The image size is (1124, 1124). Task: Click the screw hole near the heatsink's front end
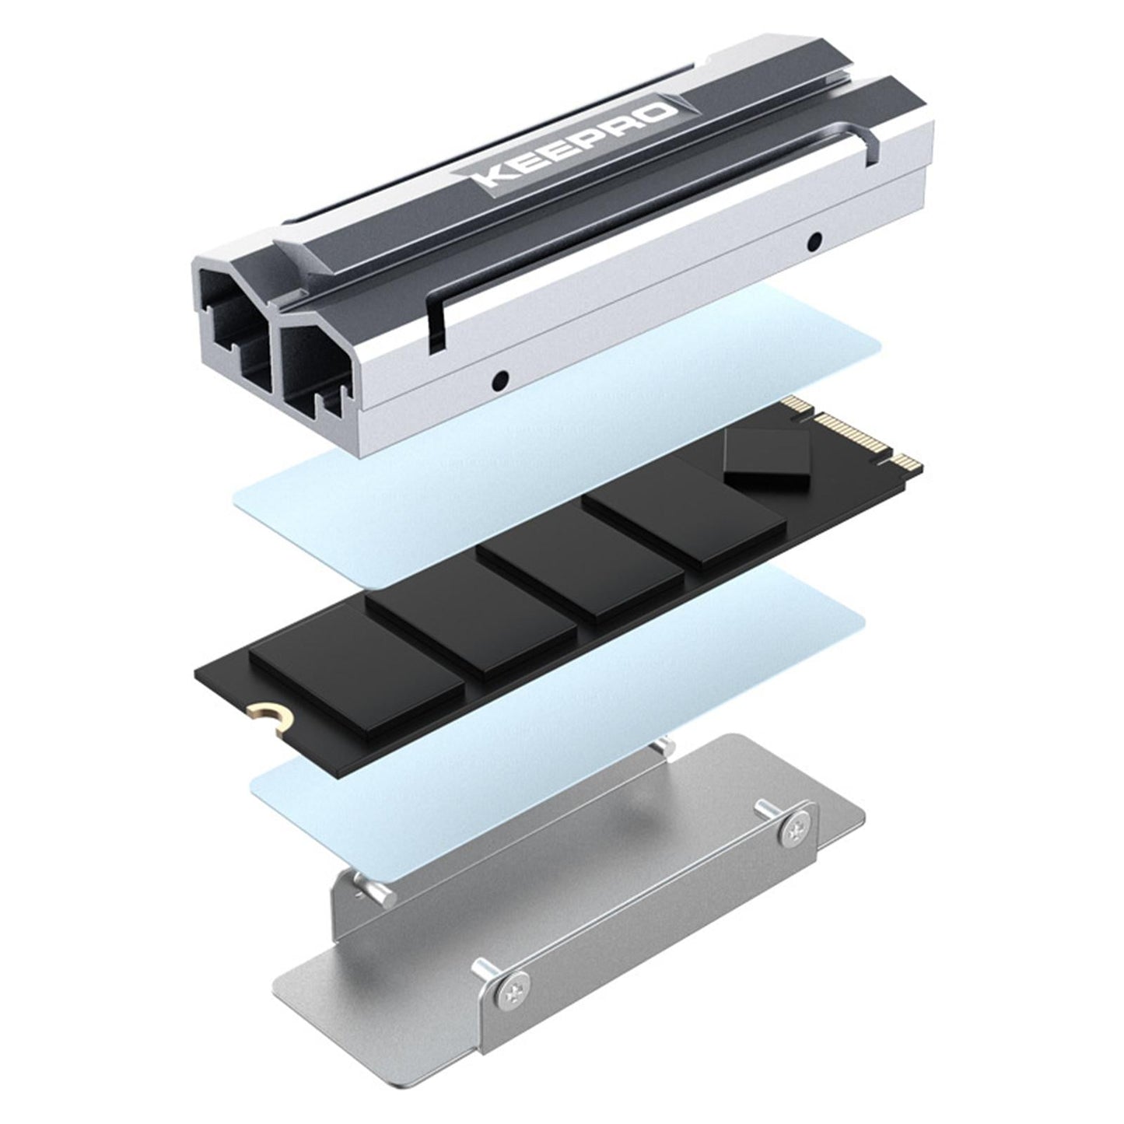click(x=501, y=380)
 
